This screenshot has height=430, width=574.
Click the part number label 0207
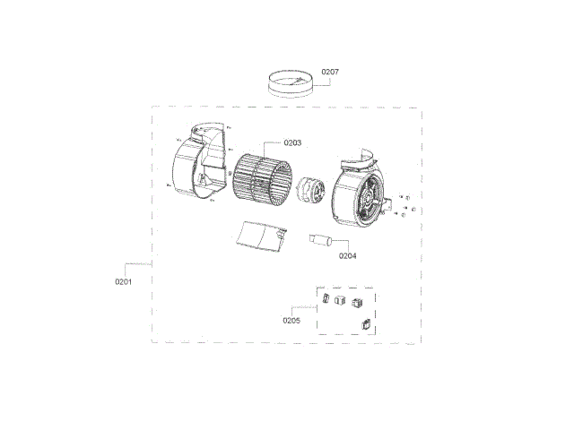330,72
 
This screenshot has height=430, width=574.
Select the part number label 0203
292,142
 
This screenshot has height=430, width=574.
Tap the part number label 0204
347,256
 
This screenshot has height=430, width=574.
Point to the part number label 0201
124,281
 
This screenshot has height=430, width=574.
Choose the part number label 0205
291,321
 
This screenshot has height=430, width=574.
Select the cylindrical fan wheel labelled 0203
263,181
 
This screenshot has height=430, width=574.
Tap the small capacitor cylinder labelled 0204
321,240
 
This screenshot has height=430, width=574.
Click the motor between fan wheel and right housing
310,189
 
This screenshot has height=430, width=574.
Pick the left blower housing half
199,161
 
